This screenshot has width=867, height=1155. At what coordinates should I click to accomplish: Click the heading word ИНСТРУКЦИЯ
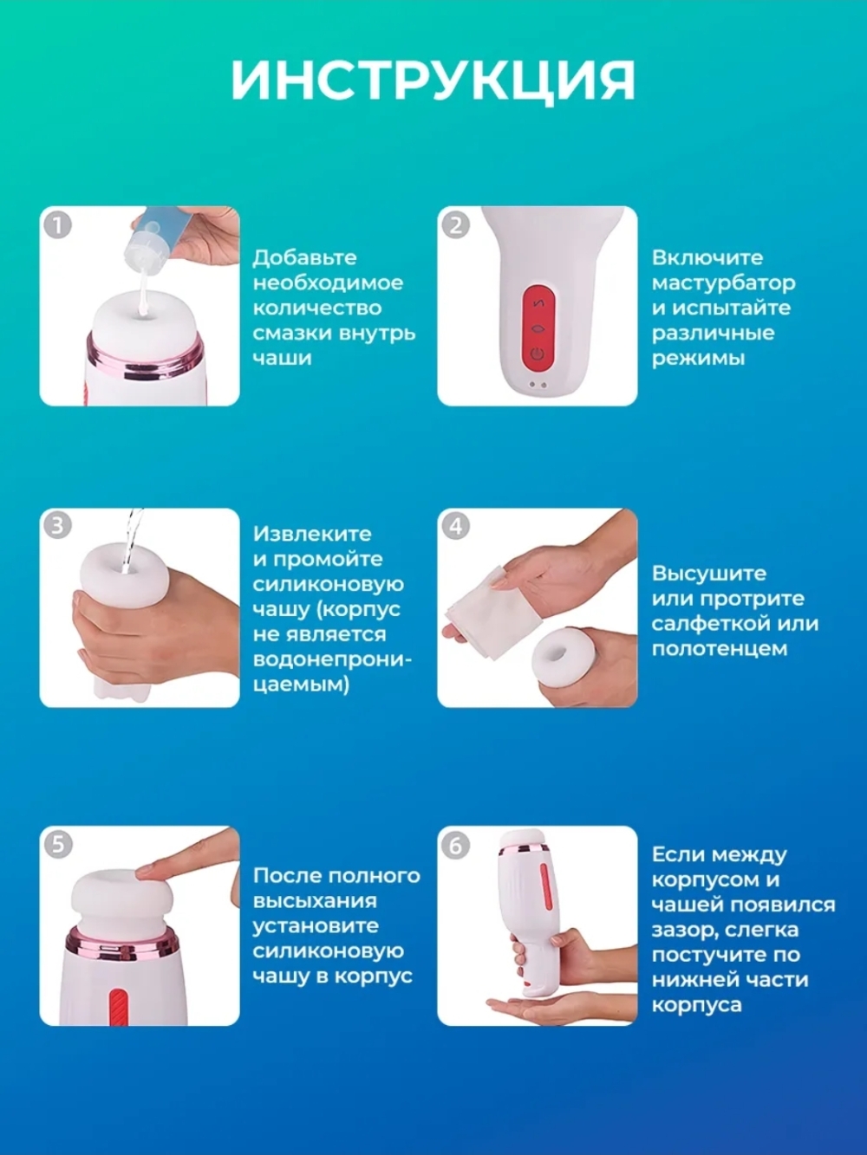[433, 81]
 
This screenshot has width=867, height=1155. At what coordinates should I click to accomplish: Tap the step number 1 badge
[57, 226]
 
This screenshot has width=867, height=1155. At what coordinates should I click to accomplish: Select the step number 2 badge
[456, 226]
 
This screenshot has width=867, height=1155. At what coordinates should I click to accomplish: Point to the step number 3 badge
[57, 526]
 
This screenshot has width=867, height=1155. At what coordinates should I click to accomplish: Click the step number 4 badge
[456, 526]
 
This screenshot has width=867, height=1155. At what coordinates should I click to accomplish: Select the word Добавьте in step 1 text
[305, 258]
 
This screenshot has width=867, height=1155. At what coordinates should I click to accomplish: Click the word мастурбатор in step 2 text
[723, 283]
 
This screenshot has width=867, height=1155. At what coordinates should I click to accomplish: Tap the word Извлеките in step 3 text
[312, 534]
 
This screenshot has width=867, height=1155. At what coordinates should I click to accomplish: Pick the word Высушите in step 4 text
[708, 574]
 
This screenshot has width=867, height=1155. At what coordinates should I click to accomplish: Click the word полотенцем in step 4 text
[720, 650]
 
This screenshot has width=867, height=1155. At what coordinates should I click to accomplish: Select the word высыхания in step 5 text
[315, 901]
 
